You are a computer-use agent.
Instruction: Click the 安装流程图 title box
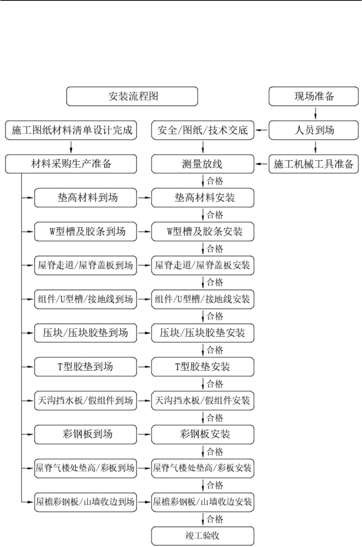[132, 96]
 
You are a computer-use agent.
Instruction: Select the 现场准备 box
[314, 96]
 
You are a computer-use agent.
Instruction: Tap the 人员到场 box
[314, 130]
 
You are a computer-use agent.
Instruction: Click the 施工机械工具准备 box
[314, 164]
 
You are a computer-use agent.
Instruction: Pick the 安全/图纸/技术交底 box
[203, 130]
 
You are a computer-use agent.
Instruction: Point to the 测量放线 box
[203, 164]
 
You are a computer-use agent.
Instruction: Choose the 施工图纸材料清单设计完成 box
[71, 130]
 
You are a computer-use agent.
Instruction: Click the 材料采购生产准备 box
[71, 164]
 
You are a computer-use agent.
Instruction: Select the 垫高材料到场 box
[85, 198]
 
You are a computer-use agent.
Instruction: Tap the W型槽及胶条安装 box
[203, 232]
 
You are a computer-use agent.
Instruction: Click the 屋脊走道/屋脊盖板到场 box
[85, 266]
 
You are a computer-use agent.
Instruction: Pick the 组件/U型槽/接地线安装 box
[203, 299]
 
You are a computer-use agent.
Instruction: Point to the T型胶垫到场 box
[85, 367]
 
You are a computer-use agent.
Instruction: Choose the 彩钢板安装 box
[203, 435]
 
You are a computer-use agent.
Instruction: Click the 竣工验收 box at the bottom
[203, 536]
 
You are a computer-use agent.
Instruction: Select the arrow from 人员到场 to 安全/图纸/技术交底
[261, 130]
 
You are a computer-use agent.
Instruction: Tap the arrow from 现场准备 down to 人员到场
[315, 113]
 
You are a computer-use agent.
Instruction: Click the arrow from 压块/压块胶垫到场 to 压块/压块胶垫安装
[144, 333]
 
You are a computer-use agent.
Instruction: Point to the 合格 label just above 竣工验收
[215, 519]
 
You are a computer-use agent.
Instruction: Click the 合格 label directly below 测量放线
[215, 181]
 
